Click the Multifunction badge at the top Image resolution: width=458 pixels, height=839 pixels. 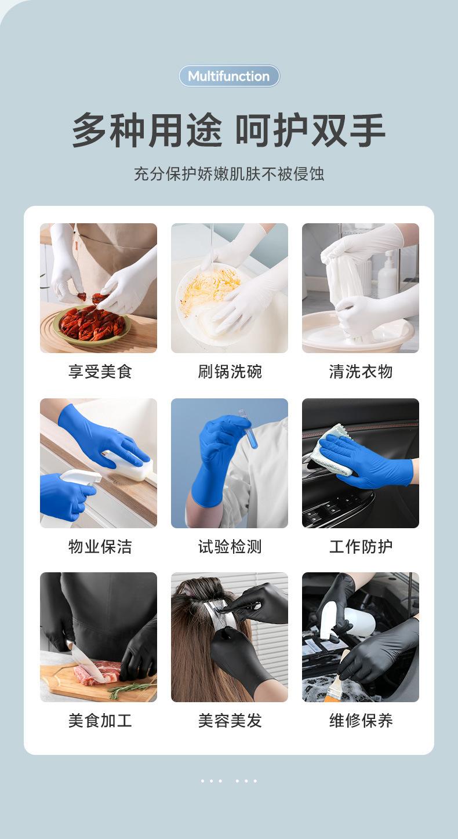click(x=229, y=76)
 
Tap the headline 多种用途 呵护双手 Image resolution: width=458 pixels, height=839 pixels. click(x=228, y=130)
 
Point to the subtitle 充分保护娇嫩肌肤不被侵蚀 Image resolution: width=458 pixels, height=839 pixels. click(x=229, y=174)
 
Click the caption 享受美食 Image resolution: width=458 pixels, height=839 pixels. click(x=100, y=372)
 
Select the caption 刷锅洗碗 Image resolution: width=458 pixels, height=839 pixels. click(x=230, y=372)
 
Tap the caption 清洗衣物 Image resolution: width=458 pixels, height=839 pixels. click(x=361, y=372)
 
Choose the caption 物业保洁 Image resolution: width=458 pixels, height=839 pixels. click(x=100, y=546)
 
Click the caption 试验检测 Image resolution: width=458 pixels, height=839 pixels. click(x=230, y=546)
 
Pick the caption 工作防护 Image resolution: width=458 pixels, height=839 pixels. click(x=361, y=546)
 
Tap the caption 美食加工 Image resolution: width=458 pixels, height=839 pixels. click(x=100, y=720)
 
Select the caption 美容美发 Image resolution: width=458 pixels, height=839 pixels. click(x=230, y=720)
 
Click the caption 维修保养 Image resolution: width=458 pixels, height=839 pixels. click(x=361, y=720)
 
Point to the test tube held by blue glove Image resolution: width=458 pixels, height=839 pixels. click(x=250, y=430)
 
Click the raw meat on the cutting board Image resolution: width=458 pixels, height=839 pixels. click(x=97, y=672)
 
